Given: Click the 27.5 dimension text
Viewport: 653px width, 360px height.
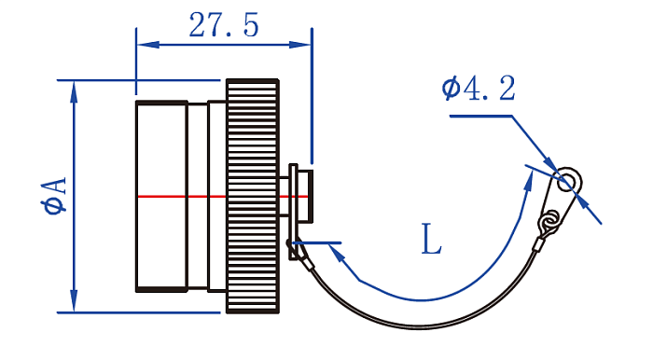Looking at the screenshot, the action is (224, 25).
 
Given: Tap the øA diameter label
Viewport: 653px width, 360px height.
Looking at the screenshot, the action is (54, 196).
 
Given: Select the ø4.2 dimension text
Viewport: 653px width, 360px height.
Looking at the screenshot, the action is (479, 88).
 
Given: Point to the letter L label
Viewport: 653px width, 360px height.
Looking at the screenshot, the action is (431, 239).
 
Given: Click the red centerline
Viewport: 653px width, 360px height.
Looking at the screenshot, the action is (222, 196).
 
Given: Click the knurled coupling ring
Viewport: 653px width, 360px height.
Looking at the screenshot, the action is (253, 196).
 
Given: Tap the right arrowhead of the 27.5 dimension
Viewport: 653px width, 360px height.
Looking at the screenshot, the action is (300, 44).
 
